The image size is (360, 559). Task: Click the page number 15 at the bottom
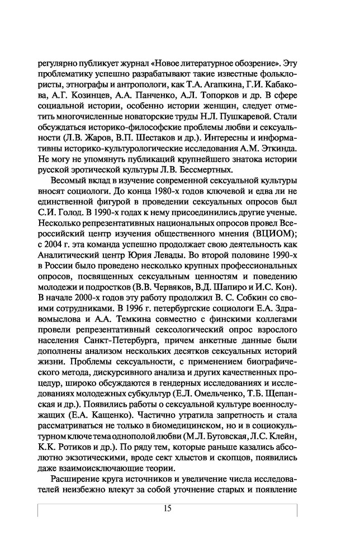click(x=167, y=508)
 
